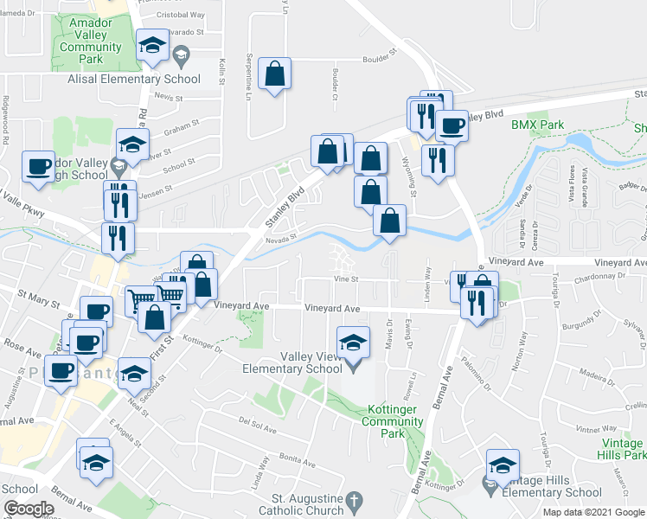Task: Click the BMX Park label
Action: [537, 125]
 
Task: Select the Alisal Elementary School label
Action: [134, 79]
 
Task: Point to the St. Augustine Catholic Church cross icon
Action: [353, 501]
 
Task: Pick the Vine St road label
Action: [347, 279]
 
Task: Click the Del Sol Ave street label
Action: [258, 425]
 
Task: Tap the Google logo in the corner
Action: [28, 509]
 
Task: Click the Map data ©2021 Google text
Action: [593, 512]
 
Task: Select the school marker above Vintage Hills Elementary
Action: [502, 465]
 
